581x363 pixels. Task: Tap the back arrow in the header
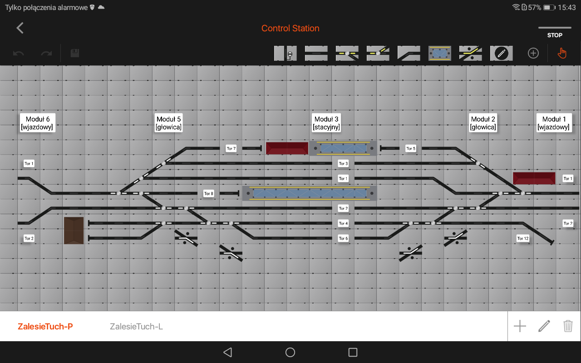click(20, 28)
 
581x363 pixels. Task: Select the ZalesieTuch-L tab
click(137, 326)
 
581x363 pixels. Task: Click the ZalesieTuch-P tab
click(45, 326)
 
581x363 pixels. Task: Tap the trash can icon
click(568, 326)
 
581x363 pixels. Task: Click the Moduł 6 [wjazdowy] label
click(38, 123)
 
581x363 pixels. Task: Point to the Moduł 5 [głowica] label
click(168, 123)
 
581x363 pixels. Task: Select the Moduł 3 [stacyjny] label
click(326, 123)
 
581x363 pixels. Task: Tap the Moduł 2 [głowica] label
click(483, 123)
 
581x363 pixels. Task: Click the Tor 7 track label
click(231, 148)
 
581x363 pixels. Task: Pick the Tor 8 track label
click(208, 193)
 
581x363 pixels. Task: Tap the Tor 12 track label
click(522, 238)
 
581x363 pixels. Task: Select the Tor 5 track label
click(411, 148)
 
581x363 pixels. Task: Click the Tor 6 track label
click(343, 238)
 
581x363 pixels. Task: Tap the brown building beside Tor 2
click(74, 231)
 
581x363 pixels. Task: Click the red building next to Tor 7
click(287, 148)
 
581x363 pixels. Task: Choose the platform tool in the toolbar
click(440, 54)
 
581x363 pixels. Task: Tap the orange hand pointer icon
click(562, 54)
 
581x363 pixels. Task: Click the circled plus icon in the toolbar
click(533, 54)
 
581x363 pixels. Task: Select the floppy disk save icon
click(75, 53)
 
